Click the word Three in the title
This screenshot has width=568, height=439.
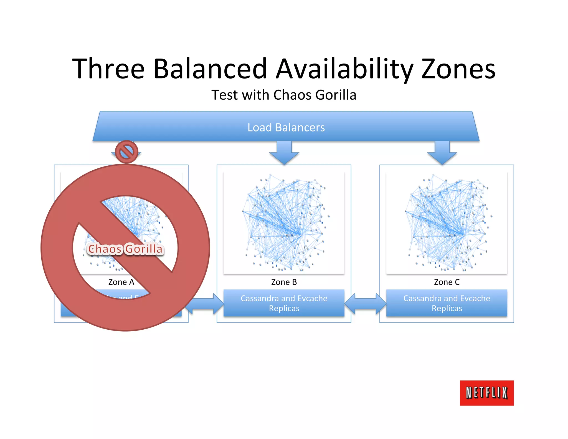coord(108,69)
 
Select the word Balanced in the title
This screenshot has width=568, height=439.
coord(210,69)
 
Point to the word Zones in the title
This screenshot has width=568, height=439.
coord(458,69)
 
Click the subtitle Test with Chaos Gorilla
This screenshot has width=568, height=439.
coord(284,95)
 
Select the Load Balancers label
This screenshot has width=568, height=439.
coord(286,127)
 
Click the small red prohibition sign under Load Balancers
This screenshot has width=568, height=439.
coord(126,152)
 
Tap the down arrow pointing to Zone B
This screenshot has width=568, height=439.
coord(284,153)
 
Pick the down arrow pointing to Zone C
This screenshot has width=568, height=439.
coord(442,153)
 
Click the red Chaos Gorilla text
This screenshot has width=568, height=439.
coord(125,249)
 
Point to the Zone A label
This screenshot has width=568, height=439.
coord(121,282)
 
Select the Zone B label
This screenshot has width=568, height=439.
coord(284,282)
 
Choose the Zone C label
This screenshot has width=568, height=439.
coord(447,282)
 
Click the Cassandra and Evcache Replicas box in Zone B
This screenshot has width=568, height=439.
coord(284,303)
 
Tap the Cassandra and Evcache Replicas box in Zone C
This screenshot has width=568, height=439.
coord(447,303)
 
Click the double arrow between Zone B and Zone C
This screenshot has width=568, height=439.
coord(365,303)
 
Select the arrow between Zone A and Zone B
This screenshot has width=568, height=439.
coord(205,304)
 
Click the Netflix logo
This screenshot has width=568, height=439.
coord(487,393)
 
